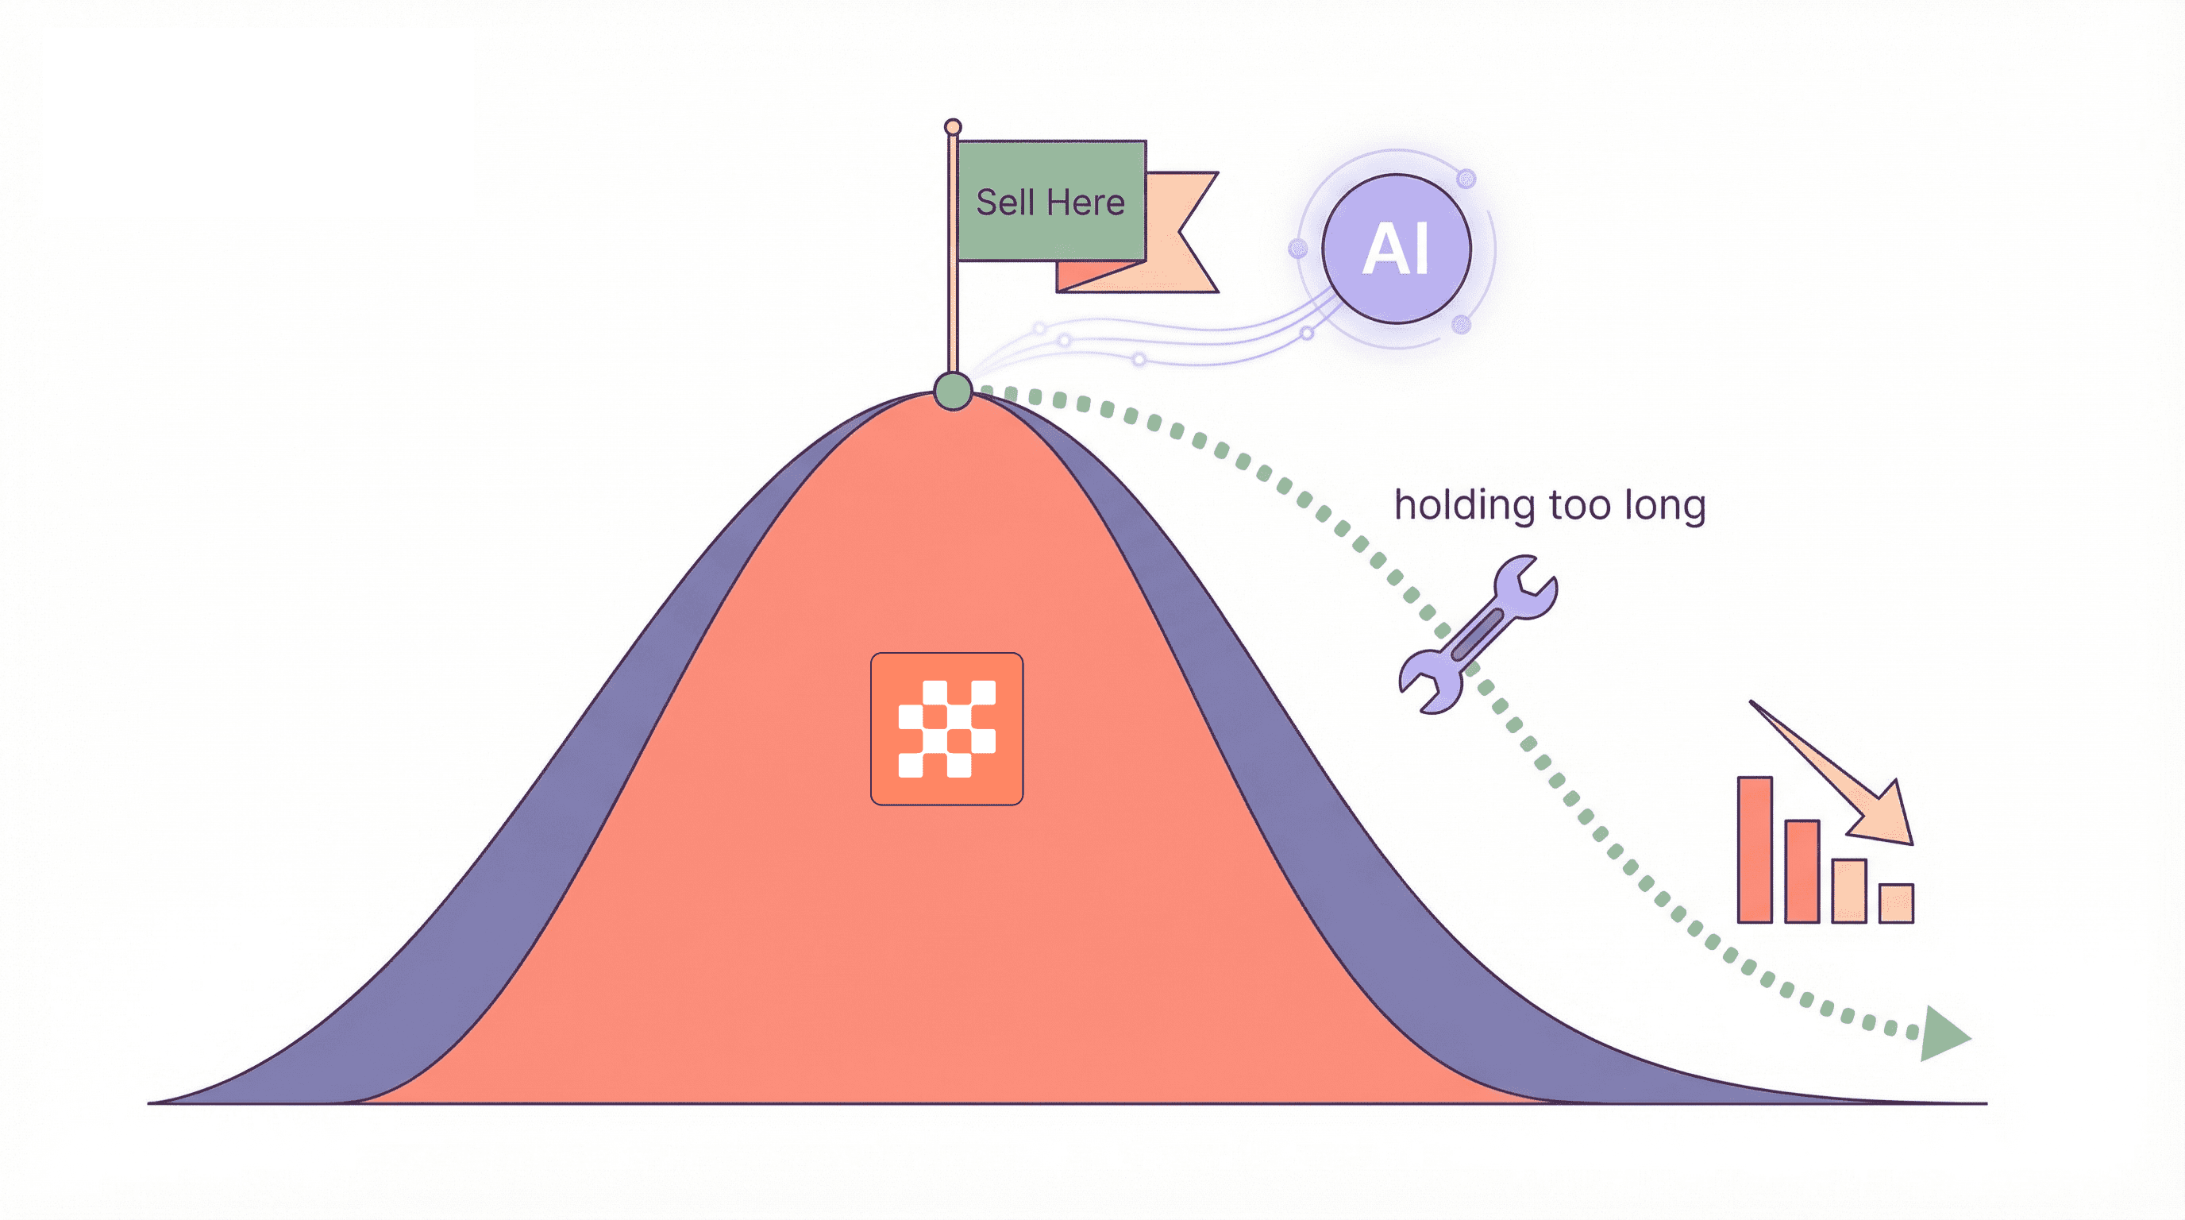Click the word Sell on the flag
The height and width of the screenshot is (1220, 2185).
point(1004,203)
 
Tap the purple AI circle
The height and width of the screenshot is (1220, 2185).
point(1395,249)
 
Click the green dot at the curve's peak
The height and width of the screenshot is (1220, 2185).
point(953,391)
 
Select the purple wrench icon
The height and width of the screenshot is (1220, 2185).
point(1478,634)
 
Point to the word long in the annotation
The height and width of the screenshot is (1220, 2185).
point(1664,506)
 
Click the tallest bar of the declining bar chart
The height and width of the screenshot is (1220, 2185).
point(1754,849)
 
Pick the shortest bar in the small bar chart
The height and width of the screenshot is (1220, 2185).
point(1896,903)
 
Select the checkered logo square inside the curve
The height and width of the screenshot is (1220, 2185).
point(946,729)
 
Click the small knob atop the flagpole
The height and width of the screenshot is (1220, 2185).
point(953,127)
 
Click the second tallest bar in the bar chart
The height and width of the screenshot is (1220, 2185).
point(1802,871)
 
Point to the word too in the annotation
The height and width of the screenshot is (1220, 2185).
point(1578,506)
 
